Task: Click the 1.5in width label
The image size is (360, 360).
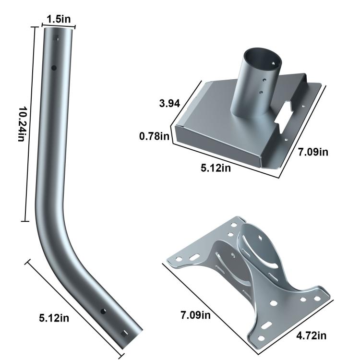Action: coord(59,19)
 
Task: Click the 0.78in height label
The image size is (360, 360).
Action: coord(155,137)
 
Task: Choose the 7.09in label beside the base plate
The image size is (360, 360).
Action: coord(312,152)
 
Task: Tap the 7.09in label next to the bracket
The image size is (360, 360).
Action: coord(195,315)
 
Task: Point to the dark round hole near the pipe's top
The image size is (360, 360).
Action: coord(54,68)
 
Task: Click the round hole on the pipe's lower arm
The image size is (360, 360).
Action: coord(103,312)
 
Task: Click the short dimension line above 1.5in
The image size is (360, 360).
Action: coord(59,25)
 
